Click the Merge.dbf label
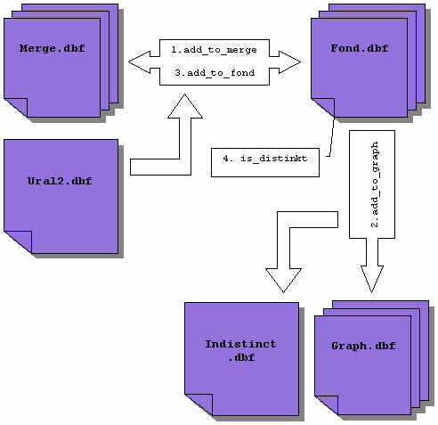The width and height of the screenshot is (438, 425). (x=53, y=48)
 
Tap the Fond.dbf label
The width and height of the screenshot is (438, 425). (x=360, y=48)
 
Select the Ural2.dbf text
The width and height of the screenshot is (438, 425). (x=60, y=181)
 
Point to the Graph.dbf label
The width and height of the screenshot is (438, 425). (x=363, y=346)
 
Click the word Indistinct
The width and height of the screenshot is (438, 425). (x=240, y=344)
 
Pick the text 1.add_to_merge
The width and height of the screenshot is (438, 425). (x=214, y=50)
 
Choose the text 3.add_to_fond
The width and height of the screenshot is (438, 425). (x=215, y=73)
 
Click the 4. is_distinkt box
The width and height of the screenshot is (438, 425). (x=265, y=162)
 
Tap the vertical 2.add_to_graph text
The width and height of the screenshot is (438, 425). (x=375, y=184)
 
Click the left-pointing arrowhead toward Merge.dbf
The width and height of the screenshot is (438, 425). (x=140, y=62)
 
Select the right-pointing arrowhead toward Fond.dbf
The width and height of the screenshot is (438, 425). (x=289, y=62)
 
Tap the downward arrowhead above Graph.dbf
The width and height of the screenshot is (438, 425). (x=372, y=279)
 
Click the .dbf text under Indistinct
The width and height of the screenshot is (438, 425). (x=241, y=357)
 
